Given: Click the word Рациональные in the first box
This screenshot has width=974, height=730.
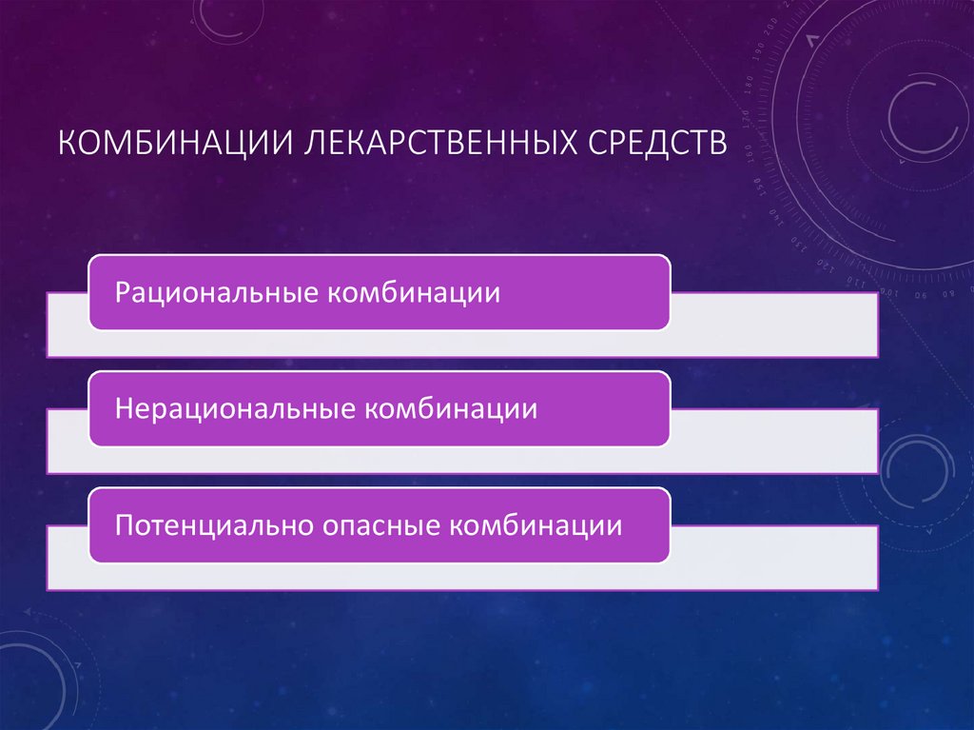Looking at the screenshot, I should [x=215, y=292].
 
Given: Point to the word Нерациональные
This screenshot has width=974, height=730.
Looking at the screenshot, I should [x=234, y=409].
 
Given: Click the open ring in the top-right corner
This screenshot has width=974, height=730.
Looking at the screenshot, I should [x=921, y=112].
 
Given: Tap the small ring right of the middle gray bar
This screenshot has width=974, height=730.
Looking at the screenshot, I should [x=917, y=467].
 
